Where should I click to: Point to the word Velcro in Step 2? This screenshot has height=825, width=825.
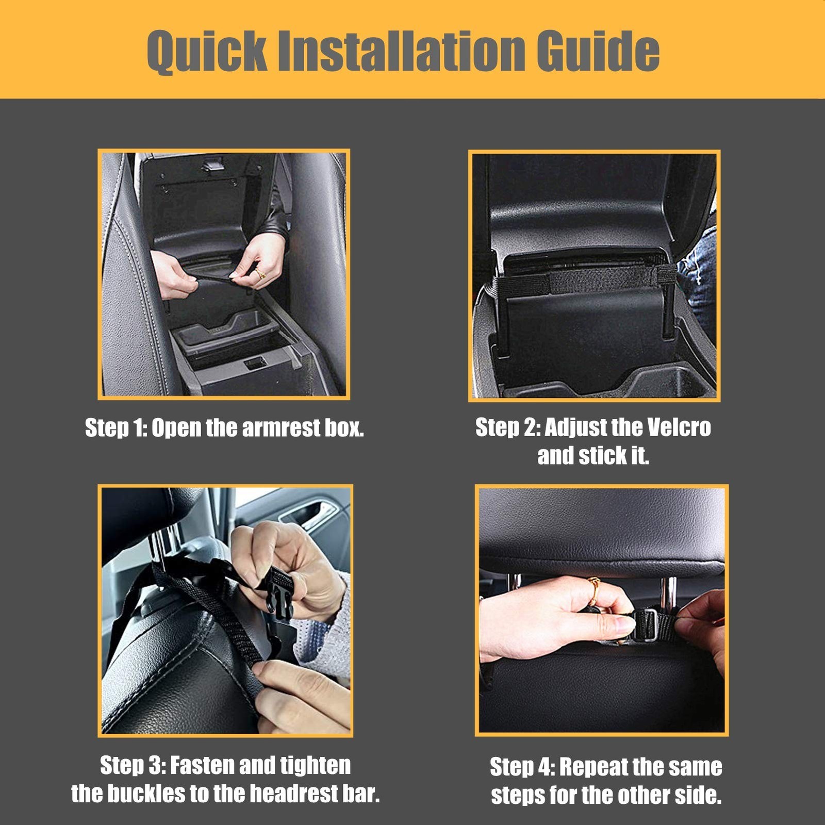[679, 427]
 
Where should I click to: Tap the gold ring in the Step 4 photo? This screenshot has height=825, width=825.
[593, 591]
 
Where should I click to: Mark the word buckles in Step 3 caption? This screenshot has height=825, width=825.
[144, 794]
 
